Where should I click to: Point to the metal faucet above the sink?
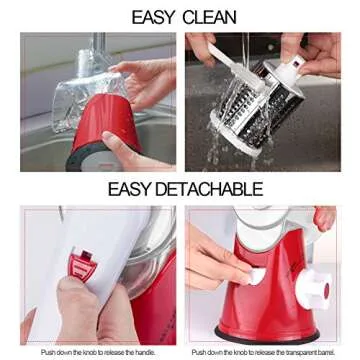click(x=97, y=45)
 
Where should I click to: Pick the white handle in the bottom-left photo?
click(x=80, y=250)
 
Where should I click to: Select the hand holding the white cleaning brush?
click(x=310, y=50)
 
